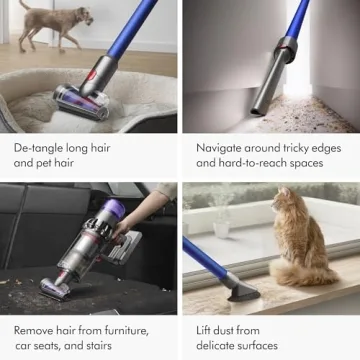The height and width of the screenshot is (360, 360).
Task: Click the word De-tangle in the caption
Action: [x=38, y=147]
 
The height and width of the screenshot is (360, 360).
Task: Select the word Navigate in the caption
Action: [x=222, y=147]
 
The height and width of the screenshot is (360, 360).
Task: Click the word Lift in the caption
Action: [x=205, y=330]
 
